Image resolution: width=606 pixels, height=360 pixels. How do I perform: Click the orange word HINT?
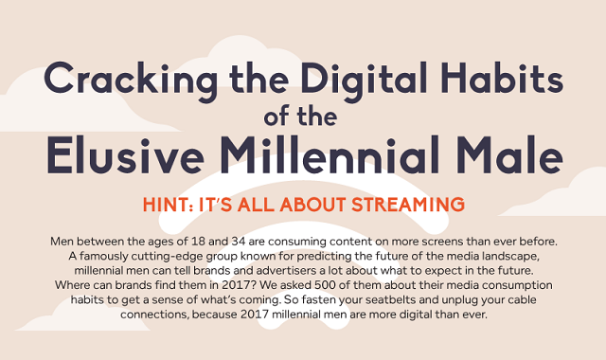click(171, 205)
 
